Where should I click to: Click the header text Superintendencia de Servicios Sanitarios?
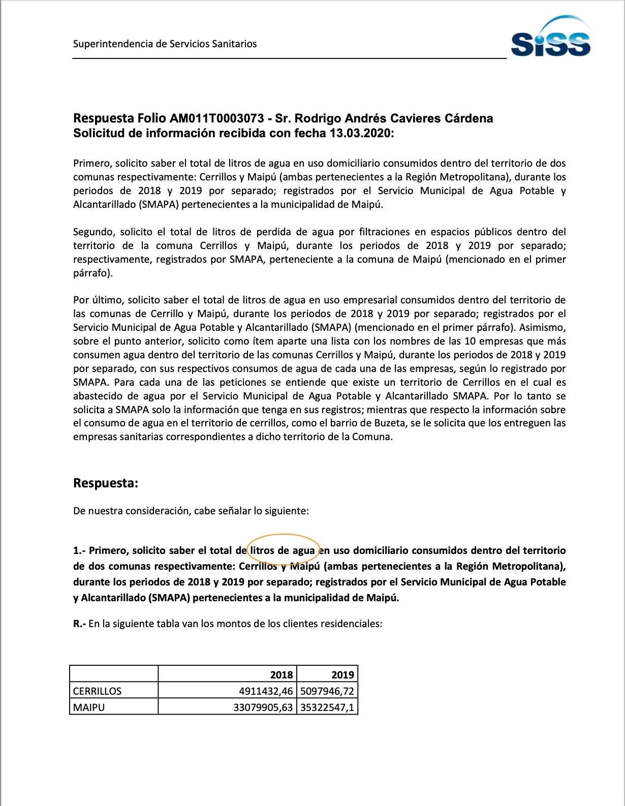point(165,44)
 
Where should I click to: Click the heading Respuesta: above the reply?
point(106,483)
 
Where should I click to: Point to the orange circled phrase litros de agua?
point(283,550)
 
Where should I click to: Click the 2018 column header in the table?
point(281,674)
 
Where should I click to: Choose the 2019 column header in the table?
point(342,674)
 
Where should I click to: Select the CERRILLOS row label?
point(97,691)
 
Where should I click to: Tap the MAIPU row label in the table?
point(88,707)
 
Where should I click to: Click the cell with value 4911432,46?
point(266,691)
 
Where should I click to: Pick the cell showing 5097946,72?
point(327,691)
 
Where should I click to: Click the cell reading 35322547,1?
point(327,707)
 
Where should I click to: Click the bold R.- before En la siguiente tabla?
point(80,623)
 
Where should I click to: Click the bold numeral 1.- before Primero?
point(80,550)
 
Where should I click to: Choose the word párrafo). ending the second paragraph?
point(92,273)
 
